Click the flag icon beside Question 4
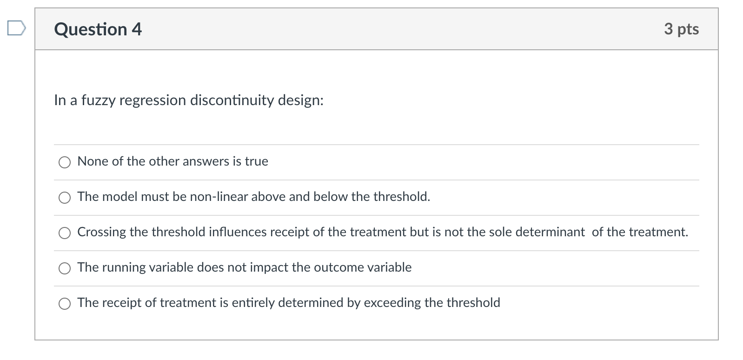(16, 29)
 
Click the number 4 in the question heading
(137, 29)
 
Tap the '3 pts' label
(681, 29)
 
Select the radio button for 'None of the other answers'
(65, 162)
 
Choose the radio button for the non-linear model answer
(65, 197)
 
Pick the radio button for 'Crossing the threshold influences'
(65, 233)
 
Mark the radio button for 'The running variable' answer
(65, 268)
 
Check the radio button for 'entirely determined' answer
(65, 303)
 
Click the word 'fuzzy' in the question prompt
(98, 100)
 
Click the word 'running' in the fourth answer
(124, 267)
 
